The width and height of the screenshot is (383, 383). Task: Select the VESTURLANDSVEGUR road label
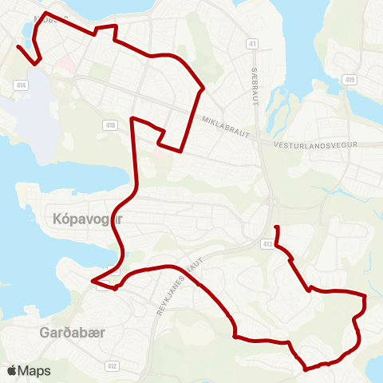312,145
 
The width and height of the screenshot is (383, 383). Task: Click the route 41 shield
252,44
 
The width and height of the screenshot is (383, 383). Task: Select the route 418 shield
110,125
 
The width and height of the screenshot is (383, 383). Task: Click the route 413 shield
267,244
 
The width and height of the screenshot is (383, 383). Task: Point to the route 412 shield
113,365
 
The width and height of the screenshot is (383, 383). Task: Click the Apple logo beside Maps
11,370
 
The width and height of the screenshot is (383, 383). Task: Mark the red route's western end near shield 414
18,47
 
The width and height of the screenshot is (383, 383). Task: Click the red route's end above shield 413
276,228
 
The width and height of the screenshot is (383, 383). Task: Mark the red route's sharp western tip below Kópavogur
93,281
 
